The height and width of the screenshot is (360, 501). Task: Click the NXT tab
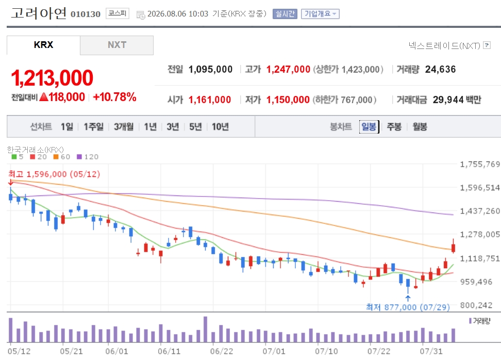[116, 45]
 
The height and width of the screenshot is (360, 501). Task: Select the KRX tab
[43, 45]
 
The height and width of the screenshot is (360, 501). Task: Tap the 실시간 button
[285, 14]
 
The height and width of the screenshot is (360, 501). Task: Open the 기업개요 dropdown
[320, 14]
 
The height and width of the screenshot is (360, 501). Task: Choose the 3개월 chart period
[124, 126]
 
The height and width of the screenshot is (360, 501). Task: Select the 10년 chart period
[220, 126]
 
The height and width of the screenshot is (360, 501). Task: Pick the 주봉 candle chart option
[394, 126]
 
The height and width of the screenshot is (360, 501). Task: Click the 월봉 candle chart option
[420, 126]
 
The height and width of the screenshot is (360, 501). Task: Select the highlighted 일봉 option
[369, 126]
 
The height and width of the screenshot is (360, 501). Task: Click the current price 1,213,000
[52, 78]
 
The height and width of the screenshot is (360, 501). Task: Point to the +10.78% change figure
[115, 97]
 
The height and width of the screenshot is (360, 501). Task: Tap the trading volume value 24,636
[440, 70]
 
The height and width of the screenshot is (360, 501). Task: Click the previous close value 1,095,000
[211, 70]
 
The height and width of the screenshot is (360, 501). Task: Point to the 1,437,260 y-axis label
[479, 211]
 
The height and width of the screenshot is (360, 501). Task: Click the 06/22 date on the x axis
[222, 351]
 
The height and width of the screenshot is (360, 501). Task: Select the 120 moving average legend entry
[88, 157]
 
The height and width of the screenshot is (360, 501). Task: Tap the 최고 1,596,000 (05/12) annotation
[54, 174]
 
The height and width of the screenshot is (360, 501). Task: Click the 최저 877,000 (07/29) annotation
[408, 307]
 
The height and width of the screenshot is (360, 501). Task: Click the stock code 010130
[86, 14]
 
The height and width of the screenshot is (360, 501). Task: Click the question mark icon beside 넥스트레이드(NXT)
[487, 45]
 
